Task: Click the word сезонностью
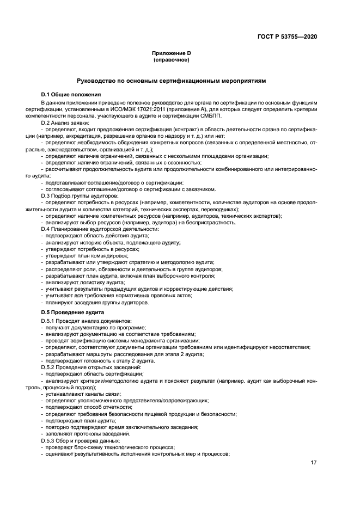coord(184,162)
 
